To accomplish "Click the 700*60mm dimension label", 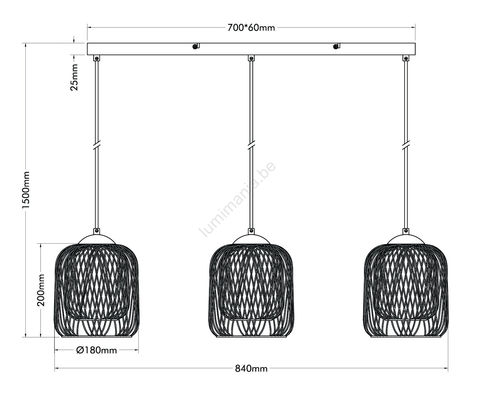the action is tap(251, 28).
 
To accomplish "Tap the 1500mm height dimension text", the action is tap(26, 190).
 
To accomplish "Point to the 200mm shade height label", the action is tap(41, 290).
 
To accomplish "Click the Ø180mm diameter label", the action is tap(96, 350).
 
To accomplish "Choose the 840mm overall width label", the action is tap(251, 369).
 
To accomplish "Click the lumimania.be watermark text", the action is tap(238, 199).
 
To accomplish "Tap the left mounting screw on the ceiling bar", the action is tap(195, 47).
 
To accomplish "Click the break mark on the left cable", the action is tap(97, 145).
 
